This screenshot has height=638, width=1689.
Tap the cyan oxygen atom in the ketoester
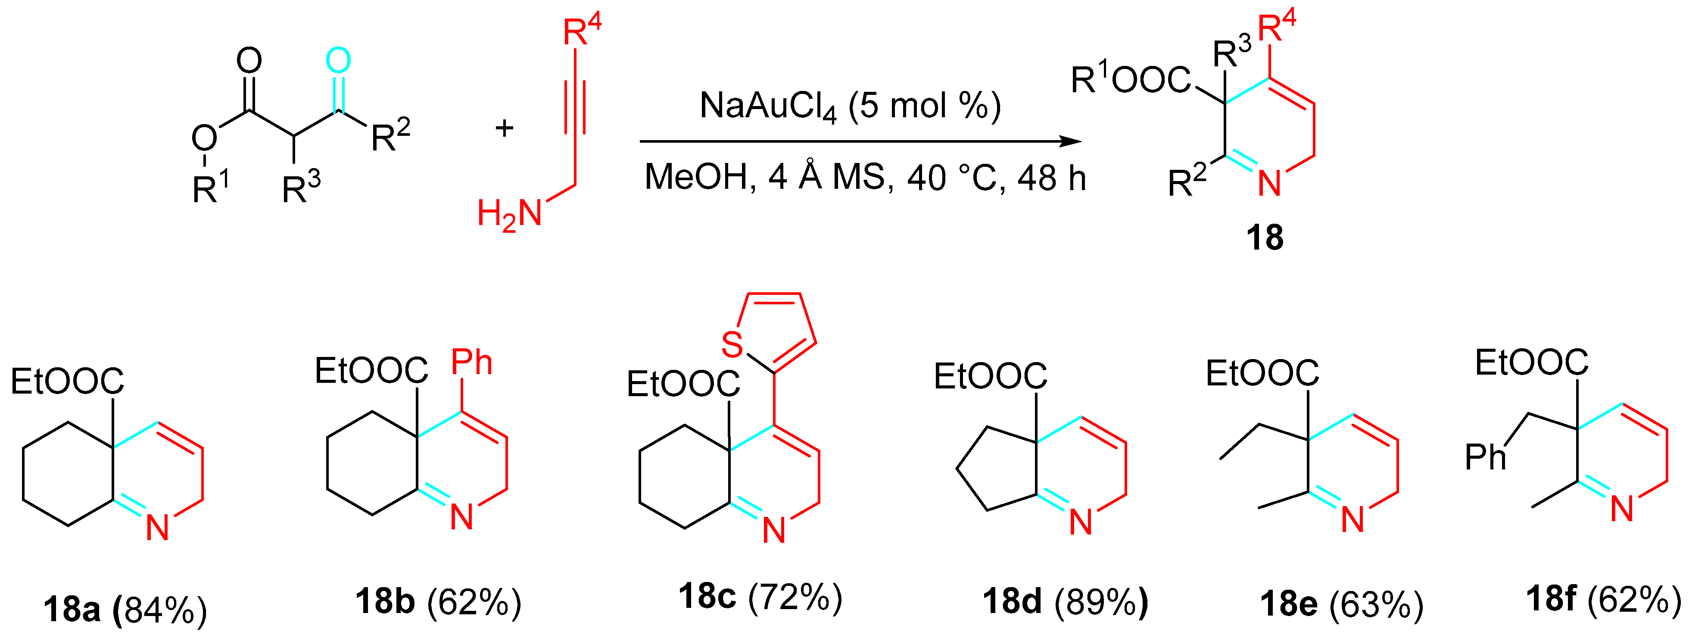point(338,61)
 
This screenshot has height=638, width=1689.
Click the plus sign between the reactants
point(504,128)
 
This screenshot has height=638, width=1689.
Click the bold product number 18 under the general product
point(1264,238)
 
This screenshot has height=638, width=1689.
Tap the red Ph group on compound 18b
point(471,362)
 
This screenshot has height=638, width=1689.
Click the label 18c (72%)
point(759,597)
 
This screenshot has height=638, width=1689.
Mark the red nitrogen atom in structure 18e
point(1352,519)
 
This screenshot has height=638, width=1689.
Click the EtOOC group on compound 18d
point(990,376)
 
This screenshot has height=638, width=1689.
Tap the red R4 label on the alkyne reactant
point(582,29)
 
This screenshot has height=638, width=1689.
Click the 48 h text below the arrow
point(1051,178)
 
